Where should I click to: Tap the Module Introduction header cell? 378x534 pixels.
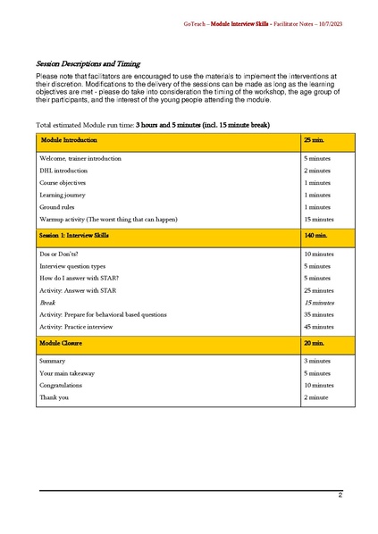69,141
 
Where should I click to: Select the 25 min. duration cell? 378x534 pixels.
314,141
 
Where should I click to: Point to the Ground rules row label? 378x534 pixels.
56,206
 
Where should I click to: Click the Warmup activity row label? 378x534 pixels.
109,219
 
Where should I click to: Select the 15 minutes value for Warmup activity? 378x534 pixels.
319,219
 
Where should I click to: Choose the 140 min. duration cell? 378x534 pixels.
315,237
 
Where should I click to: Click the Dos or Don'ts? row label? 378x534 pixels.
59,254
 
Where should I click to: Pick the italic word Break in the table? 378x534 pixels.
47,303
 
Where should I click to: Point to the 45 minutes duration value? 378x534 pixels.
319,327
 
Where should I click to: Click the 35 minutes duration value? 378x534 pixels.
319,314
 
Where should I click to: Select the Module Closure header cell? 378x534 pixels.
63,342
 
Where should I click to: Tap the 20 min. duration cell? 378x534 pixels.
314,342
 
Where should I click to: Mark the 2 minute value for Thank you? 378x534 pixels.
317,396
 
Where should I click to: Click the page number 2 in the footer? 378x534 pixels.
340,495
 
